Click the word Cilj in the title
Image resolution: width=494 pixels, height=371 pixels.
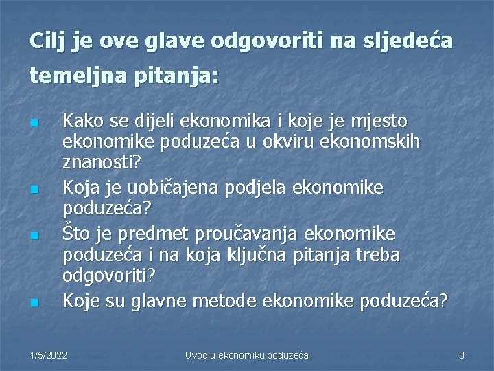coord(45,41)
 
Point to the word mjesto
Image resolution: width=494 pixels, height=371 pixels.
coord(379,122)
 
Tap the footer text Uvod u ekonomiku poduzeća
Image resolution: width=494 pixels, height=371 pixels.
coord(247,355)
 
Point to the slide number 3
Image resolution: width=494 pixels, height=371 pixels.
coord(462,355)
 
